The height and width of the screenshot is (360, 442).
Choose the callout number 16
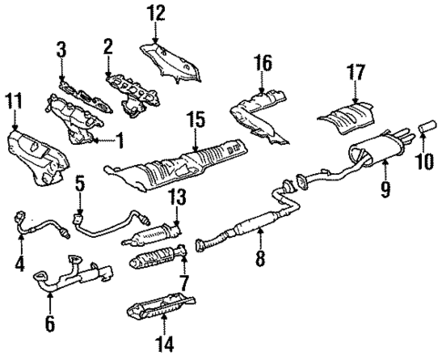point(263,64)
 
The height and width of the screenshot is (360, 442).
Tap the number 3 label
point(61,48)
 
